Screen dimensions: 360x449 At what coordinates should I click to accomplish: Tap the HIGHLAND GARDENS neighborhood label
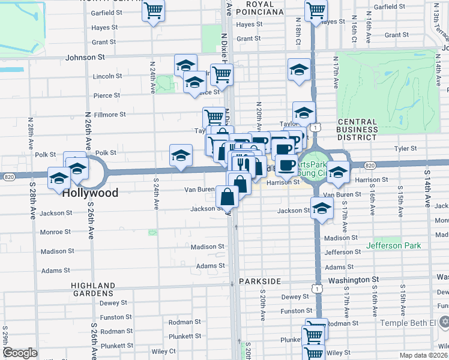tap(93, 289)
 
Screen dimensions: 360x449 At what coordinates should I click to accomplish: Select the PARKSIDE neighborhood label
tap(260, 281)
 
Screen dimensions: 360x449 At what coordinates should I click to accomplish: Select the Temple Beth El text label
tap(409, 323)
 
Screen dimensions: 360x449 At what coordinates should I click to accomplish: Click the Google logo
tap(20, 353)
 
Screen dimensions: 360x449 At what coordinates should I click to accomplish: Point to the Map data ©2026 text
tap(424, 355)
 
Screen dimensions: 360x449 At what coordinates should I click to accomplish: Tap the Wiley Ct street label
tap(163, 351)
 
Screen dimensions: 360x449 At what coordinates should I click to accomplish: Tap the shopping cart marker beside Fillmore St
tap(213, 116)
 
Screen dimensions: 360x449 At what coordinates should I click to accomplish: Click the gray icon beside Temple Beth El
tap(444, 323)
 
